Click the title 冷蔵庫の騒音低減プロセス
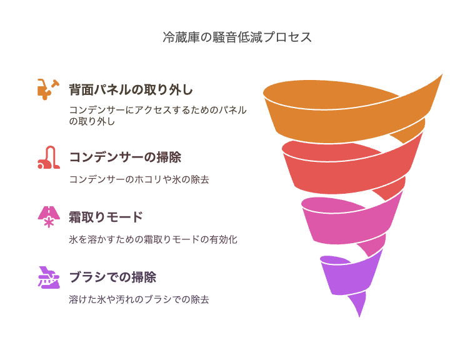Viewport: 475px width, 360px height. pyautogui.click(x=237, y=37)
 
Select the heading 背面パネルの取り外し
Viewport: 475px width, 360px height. pyautogui.click(x=131, y=90)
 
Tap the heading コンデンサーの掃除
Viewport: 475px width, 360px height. pyautogui.click(x=125, y=157)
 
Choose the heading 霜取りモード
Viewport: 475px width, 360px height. pyautogui.click(x=106, y=217)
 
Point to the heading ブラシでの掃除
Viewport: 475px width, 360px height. pyautogui.click(x=112, y=277)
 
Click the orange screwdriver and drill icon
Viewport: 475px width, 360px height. pyautogui.click(x=49, y=89)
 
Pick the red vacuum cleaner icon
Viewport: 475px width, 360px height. pyautogui.click(x=49, y=157)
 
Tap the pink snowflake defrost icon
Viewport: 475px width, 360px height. pyautogui.click(x=49, y=217)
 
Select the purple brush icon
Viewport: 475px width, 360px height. pyautogui.click(x=49, y=277)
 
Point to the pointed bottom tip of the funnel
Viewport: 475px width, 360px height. pyautogui.click(x=359, y=317)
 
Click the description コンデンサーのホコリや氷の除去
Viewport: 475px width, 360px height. pyautogui.click(x=139, y=179)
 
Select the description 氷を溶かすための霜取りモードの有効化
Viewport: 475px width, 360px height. pyautogui.click(x=153, y=239)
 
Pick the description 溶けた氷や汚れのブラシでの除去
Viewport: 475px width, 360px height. pyautogui.click(x=139, y=299)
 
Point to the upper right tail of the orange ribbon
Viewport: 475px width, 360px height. pyautogui.click(x=442, y=74)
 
